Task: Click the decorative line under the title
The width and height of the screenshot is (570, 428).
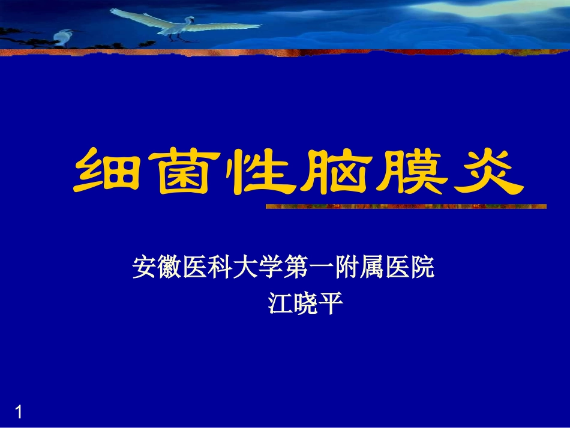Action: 406,206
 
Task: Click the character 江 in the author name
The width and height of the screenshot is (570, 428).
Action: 278,304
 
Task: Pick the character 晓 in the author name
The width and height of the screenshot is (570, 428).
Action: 304,304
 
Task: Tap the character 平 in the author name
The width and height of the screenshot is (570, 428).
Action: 331,304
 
